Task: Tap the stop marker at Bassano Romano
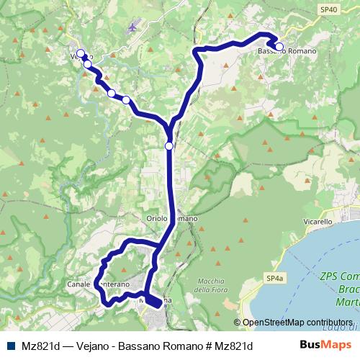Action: coord(279,48)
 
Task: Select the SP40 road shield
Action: coord(328,9)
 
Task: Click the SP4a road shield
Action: coord(272,278)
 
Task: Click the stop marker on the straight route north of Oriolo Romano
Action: coord(168,146)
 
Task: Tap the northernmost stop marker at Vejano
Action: coord(81,53)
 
